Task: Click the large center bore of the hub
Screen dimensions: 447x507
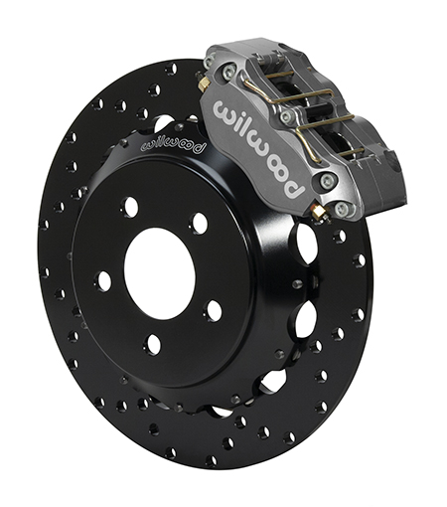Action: pyautogui.click(x=160, y=273)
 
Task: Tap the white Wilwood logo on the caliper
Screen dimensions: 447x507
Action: pyautogui.click(x=258, y=148)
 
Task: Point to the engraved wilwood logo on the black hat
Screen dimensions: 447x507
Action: pyautogui.click(x=174, y=145)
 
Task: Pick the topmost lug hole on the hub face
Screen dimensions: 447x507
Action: pyautogui.click(x=130, y=206)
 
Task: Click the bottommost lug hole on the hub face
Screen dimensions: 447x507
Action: pyautogui.click(x=152, y=345)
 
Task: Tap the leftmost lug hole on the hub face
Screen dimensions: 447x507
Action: pyautogui.click(x=103, y=281)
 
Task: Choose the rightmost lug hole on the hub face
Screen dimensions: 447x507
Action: pyautogui.click(x=214, y=311)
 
